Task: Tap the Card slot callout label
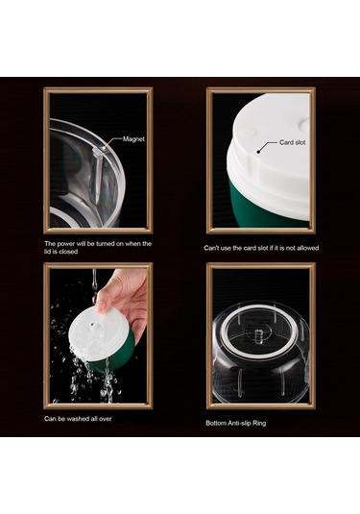pos(292,142)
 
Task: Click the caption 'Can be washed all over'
pos(79,419)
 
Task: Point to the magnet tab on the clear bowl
pos(100,154)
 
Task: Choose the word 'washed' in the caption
pos(86,419)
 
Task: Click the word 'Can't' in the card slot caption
pos(213,247)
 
